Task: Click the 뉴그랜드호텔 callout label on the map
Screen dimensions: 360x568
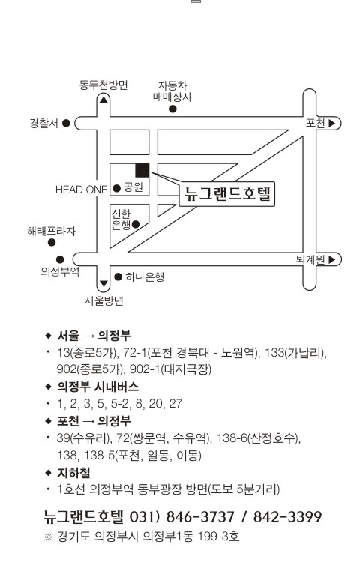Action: point(227,194)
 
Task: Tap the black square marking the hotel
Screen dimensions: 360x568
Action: point(142,170)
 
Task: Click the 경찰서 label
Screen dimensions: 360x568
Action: point(43,123)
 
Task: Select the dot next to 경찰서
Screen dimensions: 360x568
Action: point(66,123)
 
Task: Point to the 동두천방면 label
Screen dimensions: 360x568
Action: point(103,85)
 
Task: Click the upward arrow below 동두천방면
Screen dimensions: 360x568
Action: point(103,99)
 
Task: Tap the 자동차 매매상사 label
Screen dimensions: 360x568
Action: point(172,91)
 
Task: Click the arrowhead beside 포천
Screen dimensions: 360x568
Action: point(331,123)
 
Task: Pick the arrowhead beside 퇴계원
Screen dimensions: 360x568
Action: point(331,259)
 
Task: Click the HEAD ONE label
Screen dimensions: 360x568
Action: point(82,190)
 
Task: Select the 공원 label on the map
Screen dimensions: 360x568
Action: point(133,187)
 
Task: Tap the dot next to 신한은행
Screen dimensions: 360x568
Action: point(136,225)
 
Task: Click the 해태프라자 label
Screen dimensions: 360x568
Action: point(52,231)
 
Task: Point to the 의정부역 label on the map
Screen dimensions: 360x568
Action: point(60,271)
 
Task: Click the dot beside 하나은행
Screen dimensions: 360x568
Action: point(118,277)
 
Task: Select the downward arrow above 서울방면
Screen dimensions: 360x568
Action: point(103,284)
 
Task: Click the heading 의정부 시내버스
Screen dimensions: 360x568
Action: point(98,387)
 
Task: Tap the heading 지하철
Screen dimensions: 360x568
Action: point(73,473)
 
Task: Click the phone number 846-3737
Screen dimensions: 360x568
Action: point(200,516)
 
